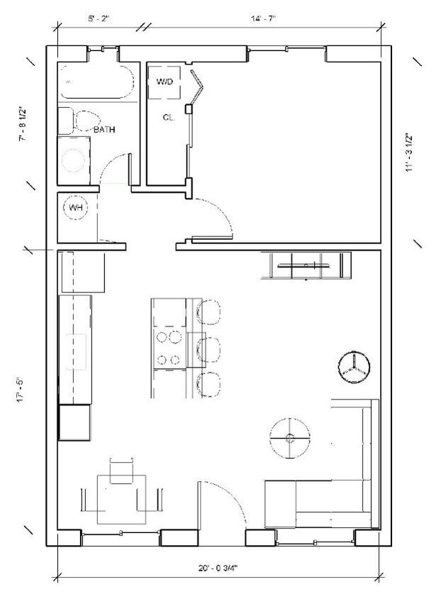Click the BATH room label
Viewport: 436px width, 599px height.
coord(104,130)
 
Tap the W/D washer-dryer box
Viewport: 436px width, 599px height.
coord(164,82)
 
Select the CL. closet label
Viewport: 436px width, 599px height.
coord(169,118)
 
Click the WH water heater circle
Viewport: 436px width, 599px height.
coord(75,208)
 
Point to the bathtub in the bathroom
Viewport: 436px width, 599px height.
coord(95,82)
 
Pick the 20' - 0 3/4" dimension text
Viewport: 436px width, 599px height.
coord(219,568)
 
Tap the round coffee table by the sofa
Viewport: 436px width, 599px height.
coord(289,438)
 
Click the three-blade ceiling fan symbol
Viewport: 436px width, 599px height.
coord(354,368)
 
